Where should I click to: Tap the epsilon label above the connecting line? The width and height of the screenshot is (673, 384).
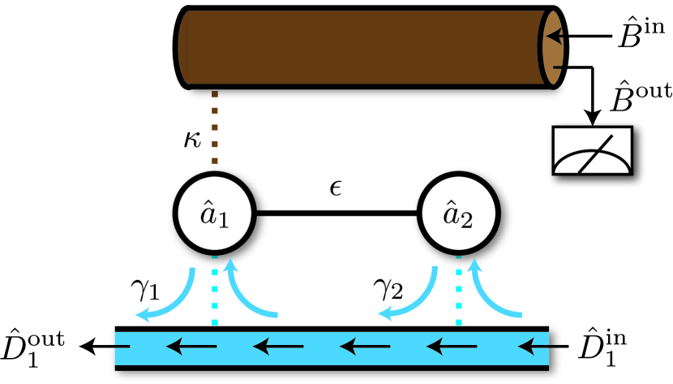[336, 189]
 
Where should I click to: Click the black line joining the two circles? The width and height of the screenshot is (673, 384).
[336, 214]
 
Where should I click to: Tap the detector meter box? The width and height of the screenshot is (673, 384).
[594, 150]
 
